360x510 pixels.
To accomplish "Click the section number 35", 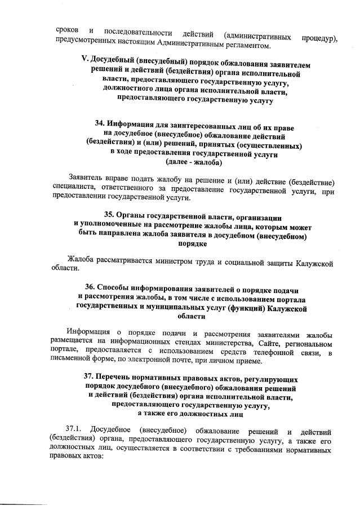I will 111,216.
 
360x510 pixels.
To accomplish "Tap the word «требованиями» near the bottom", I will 252,451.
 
